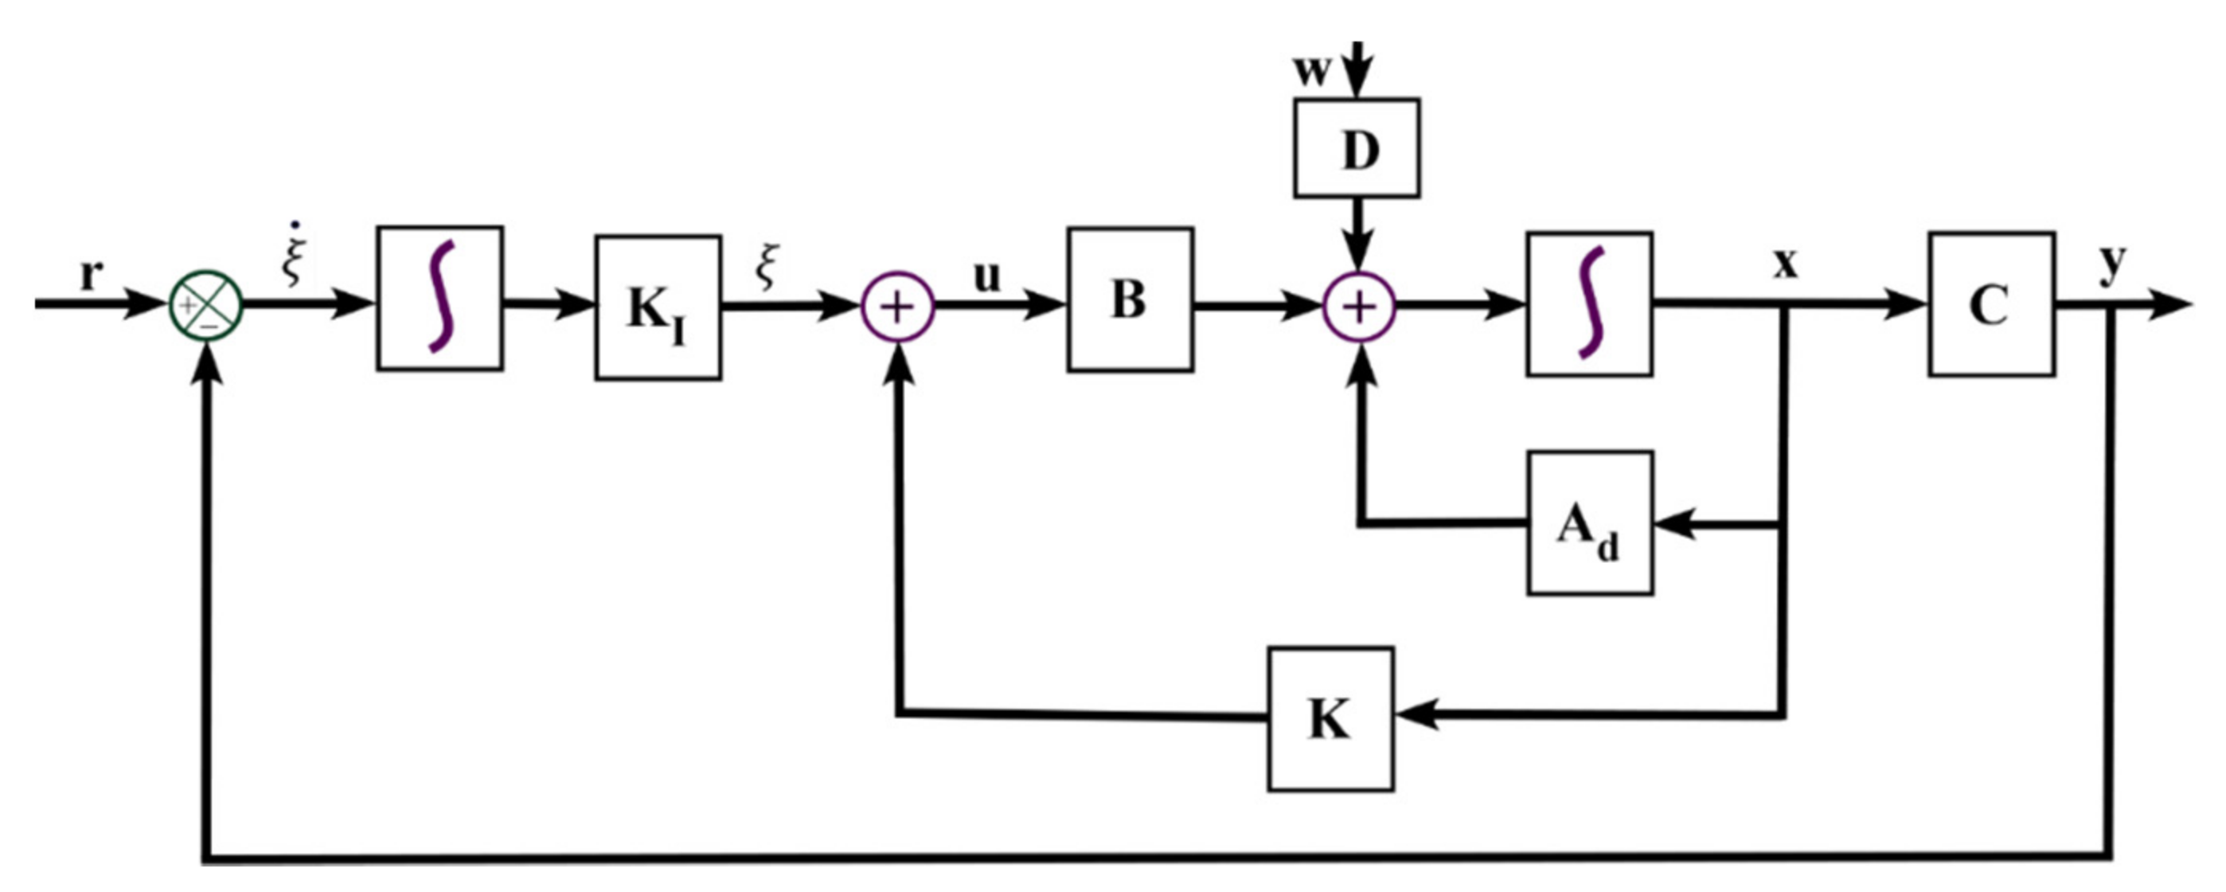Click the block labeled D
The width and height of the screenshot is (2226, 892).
pyautogui.click(x=1356, y=148)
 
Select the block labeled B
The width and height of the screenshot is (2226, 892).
pyautogui.click(x=1131, y=300)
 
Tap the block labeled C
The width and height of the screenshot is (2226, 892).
pyautogui.click(x=1991, y=303)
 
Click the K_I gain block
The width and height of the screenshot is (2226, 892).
pyautogui.click(x=658, y=307)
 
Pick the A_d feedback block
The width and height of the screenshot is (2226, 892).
pyautogui.click(x=1590, y=523)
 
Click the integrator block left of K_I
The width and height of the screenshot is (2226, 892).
pyautogui.click(x=439, y=298)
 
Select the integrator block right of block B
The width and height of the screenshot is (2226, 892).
pyautogui.click(x=1590, y=303)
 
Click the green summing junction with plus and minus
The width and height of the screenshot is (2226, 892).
pyautogui.click(x=205, y=305)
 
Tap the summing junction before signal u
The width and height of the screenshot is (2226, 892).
pyautogui.click(x=898, y=307)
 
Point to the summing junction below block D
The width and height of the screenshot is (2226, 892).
pyautogui.click(x=1359, y=307)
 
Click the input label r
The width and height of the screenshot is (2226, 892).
pyautogui.click(x=90, y=275)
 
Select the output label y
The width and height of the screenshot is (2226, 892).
pyautogui.click(x=2112, y=264)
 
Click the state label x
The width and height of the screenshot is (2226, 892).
pyautogui.click(x=1785, y=263)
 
